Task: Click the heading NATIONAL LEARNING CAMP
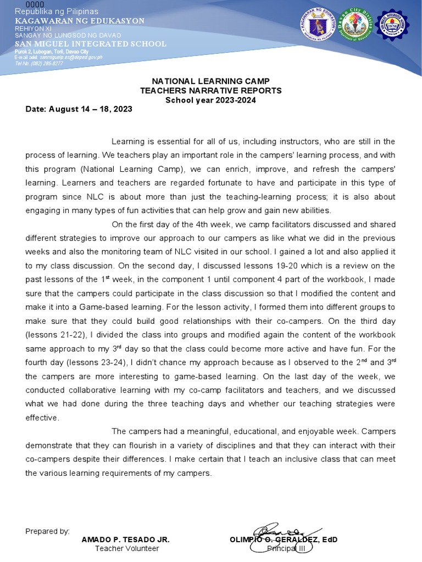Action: tap(211, 81)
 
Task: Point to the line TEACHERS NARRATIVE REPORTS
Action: tap(211, 91)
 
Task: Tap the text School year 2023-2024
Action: tap(211, 99)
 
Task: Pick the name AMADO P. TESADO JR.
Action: tap(126, 539)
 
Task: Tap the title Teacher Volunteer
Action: tap(127, 548)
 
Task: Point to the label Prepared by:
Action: tap(47, 531)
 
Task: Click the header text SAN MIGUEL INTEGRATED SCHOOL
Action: tap(91, 43)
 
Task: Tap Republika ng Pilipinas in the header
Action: tap(57, 12)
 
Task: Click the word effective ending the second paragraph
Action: tap(42, 417)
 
